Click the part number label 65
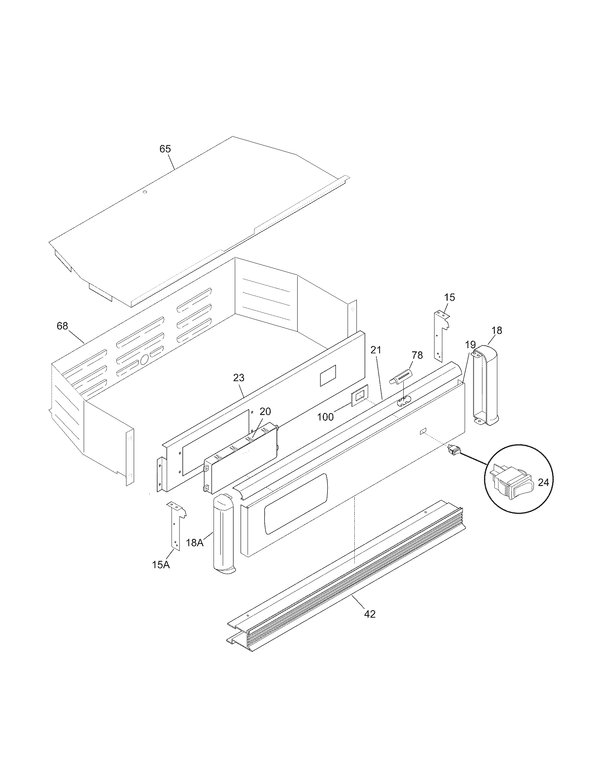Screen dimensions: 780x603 (165, 149)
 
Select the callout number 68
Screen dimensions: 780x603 (62, 326)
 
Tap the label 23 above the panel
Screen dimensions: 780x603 (239, 378)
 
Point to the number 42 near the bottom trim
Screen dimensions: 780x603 (370, 614)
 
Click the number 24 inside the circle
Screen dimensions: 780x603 (543, 482)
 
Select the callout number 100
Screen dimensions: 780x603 (325, 417)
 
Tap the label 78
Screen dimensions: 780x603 (417, 355)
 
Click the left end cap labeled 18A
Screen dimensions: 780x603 (222, 534)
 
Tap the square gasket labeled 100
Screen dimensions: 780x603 (360, 395)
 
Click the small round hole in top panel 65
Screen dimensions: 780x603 (145, 192)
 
